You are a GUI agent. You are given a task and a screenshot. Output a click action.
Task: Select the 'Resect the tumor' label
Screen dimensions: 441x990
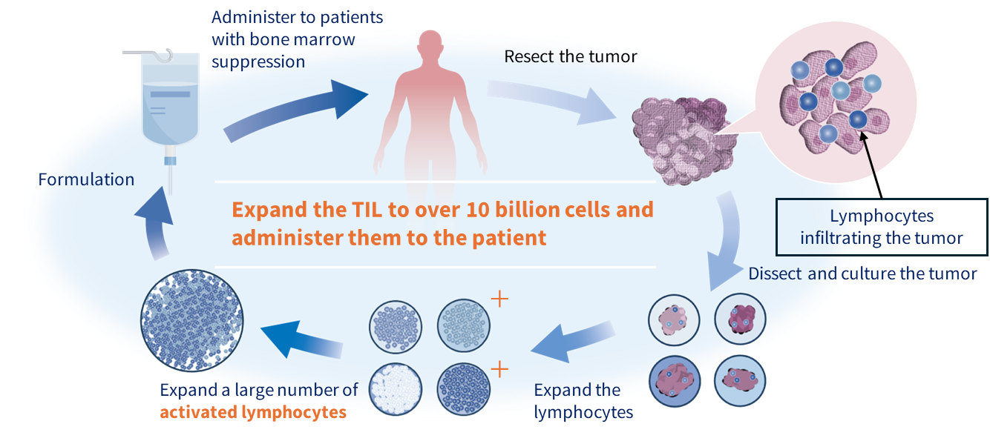(570, 56)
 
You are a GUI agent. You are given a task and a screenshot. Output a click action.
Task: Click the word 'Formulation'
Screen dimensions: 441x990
(86, 179)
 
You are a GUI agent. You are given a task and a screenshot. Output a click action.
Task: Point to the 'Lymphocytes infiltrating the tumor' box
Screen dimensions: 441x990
(882, 227)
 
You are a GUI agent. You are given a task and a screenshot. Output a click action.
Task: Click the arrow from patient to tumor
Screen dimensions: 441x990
(553, 99)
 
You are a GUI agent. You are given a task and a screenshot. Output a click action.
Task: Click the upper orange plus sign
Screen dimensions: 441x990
(500, 299)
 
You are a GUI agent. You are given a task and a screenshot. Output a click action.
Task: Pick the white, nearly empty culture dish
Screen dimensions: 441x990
(396, 389)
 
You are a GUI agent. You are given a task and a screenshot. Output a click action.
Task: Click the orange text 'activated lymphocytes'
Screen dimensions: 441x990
(253, 412)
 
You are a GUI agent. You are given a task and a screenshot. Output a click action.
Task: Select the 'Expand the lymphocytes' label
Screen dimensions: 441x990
(583, 401)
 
